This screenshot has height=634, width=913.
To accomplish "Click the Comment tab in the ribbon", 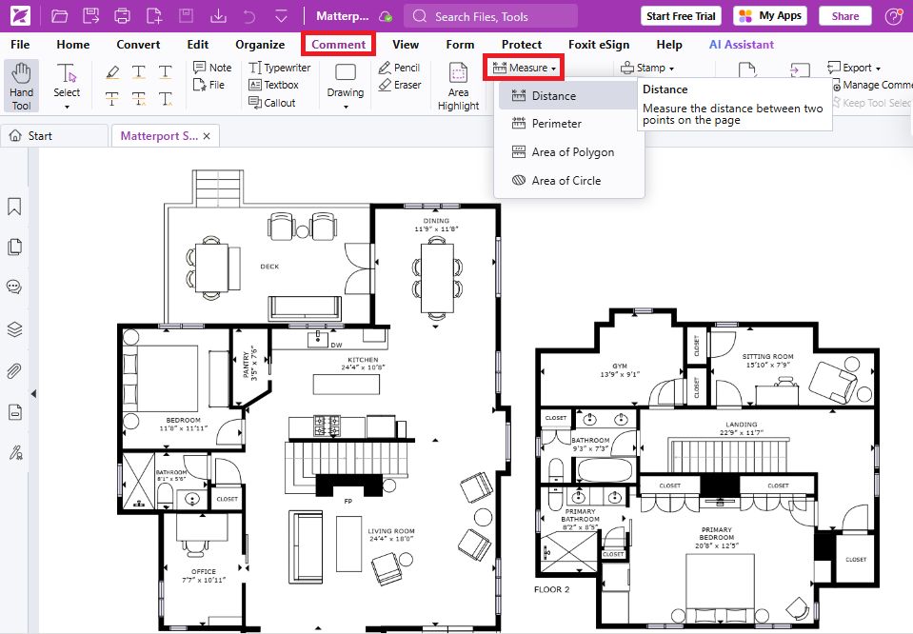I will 338,44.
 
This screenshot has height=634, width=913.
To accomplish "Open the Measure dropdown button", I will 525,68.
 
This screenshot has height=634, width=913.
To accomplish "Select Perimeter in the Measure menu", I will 556,124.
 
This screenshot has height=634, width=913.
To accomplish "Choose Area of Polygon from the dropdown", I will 572,152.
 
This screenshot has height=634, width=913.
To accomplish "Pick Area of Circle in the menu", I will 566,181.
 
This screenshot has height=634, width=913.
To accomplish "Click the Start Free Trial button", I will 680,16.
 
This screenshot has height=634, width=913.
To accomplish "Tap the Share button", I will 844,16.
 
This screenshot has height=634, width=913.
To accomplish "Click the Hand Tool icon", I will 21,85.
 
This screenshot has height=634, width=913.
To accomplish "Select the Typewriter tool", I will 280,68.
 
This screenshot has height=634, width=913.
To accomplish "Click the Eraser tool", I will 400,85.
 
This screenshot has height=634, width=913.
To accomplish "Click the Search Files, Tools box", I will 490,16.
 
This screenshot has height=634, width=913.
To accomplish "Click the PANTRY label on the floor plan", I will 250,363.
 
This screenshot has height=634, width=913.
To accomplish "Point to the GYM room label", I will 620,367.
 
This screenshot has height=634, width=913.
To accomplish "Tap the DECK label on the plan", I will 269,267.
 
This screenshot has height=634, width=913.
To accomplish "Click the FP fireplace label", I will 347,500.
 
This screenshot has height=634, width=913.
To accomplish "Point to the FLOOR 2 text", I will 551,589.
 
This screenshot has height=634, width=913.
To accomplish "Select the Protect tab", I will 521,44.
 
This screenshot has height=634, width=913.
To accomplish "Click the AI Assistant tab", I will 741,44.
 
